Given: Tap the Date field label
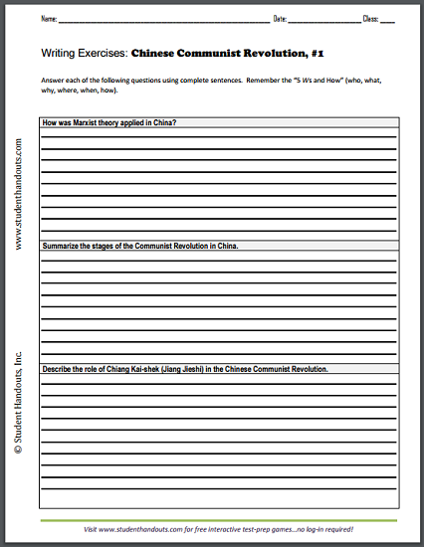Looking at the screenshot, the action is coord(280,19).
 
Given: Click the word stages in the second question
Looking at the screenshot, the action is coord(110,245).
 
